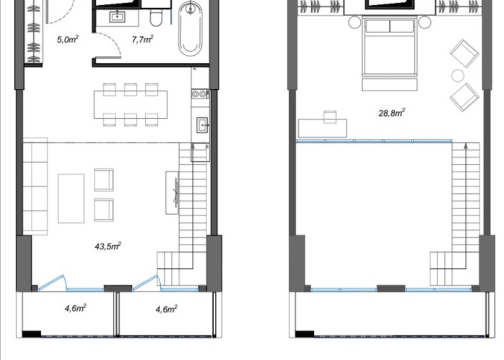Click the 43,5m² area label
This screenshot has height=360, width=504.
pyautogui.click(x=108, y=246)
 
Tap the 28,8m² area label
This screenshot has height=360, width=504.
pyautogui.click(x=391, y=113)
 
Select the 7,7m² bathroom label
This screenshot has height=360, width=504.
pyautogui.click(x=142, y=39)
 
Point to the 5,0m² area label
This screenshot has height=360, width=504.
pyautogui.click(x=67, y=39)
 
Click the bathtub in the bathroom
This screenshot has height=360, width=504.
pyautogui.click(x=191, y=28)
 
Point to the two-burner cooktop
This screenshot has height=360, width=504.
pyautogui.click(x=200, y=94)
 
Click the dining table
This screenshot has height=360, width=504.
pyautogui.click(x=131, y=105)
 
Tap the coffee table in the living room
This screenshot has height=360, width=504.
pyautogui.click(x=71, y=198)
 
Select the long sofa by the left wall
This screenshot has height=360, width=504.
pyautogui.click(x=35, y=189)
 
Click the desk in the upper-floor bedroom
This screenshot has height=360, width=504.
pyautogui.click(x=322, y=127)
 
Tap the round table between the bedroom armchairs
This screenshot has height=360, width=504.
pyautogui.click(x=458, y=75)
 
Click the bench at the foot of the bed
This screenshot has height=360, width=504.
pyautogui.click(x=390, y=84)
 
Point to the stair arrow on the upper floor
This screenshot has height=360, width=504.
pyautogui.click(x=466, y=148)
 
